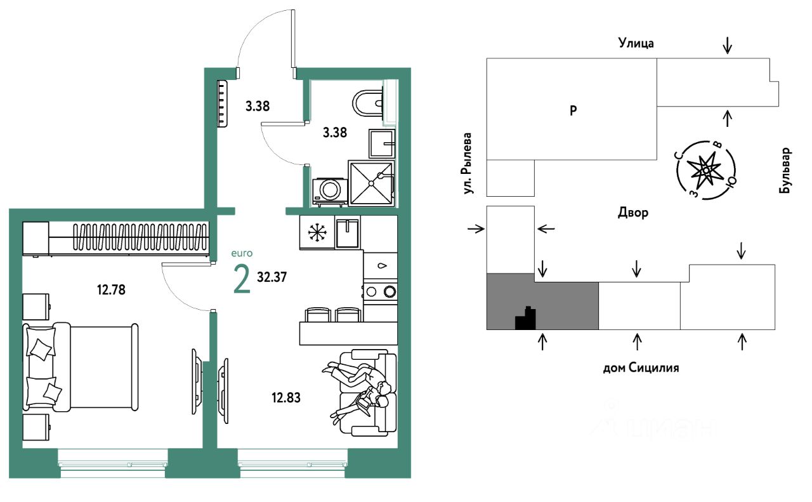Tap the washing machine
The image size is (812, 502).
click(329, 192)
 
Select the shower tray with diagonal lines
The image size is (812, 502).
click(371, 183)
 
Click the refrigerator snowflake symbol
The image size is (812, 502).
click(317, 232)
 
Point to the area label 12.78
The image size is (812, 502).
click(111, 290)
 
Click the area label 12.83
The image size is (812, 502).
click(286, 397)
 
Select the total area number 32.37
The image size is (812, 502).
click(272, 277)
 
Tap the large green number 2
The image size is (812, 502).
click(242, 279)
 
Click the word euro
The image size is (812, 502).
click(242, 253)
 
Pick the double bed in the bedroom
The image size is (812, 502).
click(81, 367)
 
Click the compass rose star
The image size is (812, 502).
click(706, 169)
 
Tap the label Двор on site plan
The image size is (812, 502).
click(633, 213)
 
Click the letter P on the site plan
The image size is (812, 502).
click(573, 110)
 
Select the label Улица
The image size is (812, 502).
click(636, 43)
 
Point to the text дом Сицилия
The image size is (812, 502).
click(641, 368)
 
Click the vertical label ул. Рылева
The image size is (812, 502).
click(468, 163)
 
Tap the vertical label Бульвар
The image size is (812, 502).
click(785, 171)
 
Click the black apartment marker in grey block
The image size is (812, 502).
click(526, 318)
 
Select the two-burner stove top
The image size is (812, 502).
click(380, 291)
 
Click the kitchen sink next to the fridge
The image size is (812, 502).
click(348, 232)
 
